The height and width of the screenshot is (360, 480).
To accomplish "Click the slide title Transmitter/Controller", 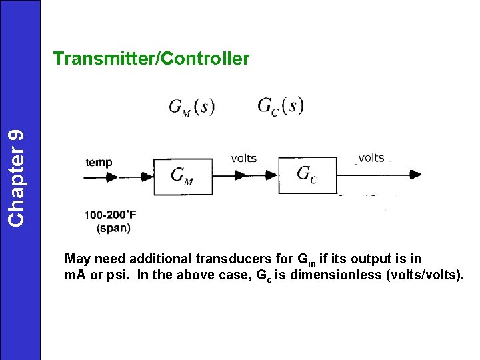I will click(151, 59).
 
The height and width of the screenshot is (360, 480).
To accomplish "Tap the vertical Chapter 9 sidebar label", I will click(19, 177).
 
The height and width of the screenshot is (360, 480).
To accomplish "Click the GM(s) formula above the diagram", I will click(191, 107).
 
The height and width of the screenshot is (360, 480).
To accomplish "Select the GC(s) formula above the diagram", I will click(280, 106).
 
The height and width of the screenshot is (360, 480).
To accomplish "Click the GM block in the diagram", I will click(183, 176).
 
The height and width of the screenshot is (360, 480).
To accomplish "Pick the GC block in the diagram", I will click(307, 175).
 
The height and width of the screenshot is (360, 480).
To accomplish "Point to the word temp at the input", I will click(99, 162).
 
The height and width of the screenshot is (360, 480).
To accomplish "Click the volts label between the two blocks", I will click(243, 158).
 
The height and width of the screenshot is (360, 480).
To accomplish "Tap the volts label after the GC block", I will click(371, 158).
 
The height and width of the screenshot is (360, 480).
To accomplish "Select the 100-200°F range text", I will click(110, 215).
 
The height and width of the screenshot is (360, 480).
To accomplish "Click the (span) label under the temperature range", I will click(113, 228).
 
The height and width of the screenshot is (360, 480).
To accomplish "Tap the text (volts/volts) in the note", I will click(425, 276).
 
